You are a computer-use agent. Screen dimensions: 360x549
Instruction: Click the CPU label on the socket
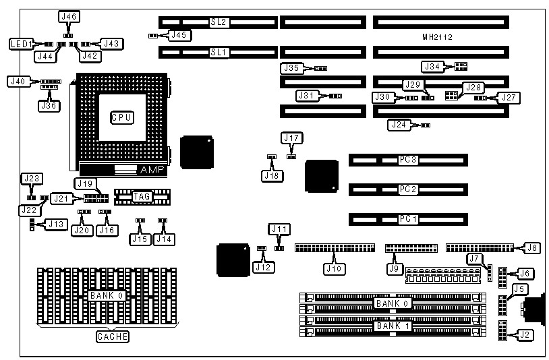[x=121, y=117]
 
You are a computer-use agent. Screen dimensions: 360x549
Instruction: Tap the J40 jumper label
[x=18, y=82]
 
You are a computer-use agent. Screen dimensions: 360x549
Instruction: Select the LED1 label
[x=21, y=44]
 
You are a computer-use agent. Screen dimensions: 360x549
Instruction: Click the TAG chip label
[x=142, y=196]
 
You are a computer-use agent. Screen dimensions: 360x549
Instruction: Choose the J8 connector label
[x=532, y=247]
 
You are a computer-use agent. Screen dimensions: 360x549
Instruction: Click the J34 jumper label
[x=432, y=66]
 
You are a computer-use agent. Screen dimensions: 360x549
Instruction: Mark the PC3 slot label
[x=408, y=160]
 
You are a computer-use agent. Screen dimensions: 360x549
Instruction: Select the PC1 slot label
[x=408, y=219]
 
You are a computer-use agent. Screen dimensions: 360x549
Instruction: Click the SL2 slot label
[x=219, y=22]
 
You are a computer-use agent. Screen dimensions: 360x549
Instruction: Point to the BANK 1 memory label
[x=393, y=326]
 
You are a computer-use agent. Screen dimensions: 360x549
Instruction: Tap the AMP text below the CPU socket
[x=148, y=169]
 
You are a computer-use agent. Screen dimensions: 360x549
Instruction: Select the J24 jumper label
[x=399, y=125]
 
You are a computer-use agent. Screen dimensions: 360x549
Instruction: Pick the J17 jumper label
[x=291, y=138]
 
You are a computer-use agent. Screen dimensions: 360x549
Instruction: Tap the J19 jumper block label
[x=84, y=183]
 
